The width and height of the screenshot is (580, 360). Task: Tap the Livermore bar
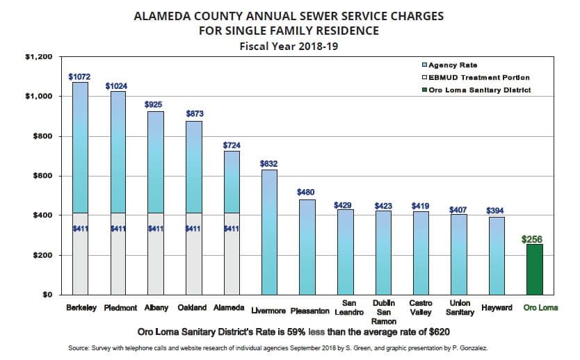(x=269, y=233)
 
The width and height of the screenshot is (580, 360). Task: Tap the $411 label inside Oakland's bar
(x=193, y=228)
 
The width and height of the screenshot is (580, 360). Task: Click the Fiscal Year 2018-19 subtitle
(x=289, y=47)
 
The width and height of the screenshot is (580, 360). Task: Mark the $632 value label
(x=269, y=163)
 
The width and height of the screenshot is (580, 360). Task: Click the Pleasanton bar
(x=306, y=247)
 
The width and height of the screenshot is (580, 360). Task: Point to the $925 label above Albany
(x=154, y=104)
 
